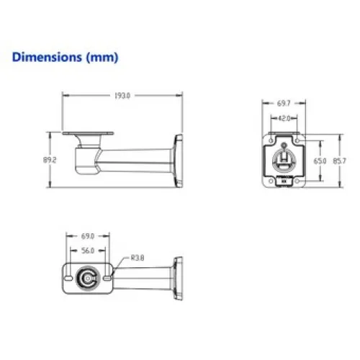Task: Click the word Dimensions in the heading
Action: [47, 57]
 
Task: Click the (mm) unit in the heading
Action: [102, 58]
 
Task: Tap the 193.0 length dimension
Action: [122, 96]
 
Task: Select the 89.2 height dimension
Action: [50, 160]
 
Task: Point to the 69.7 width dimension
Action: [284, 103]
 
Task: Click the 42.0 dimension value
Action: [284, 118]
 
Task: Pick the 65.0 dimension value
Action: [320, 161]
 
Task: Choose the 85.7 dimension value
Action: [339, 161]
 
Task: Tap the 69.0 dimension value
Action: [88, 236]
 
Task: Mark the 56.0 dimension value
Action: [88, 251]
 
